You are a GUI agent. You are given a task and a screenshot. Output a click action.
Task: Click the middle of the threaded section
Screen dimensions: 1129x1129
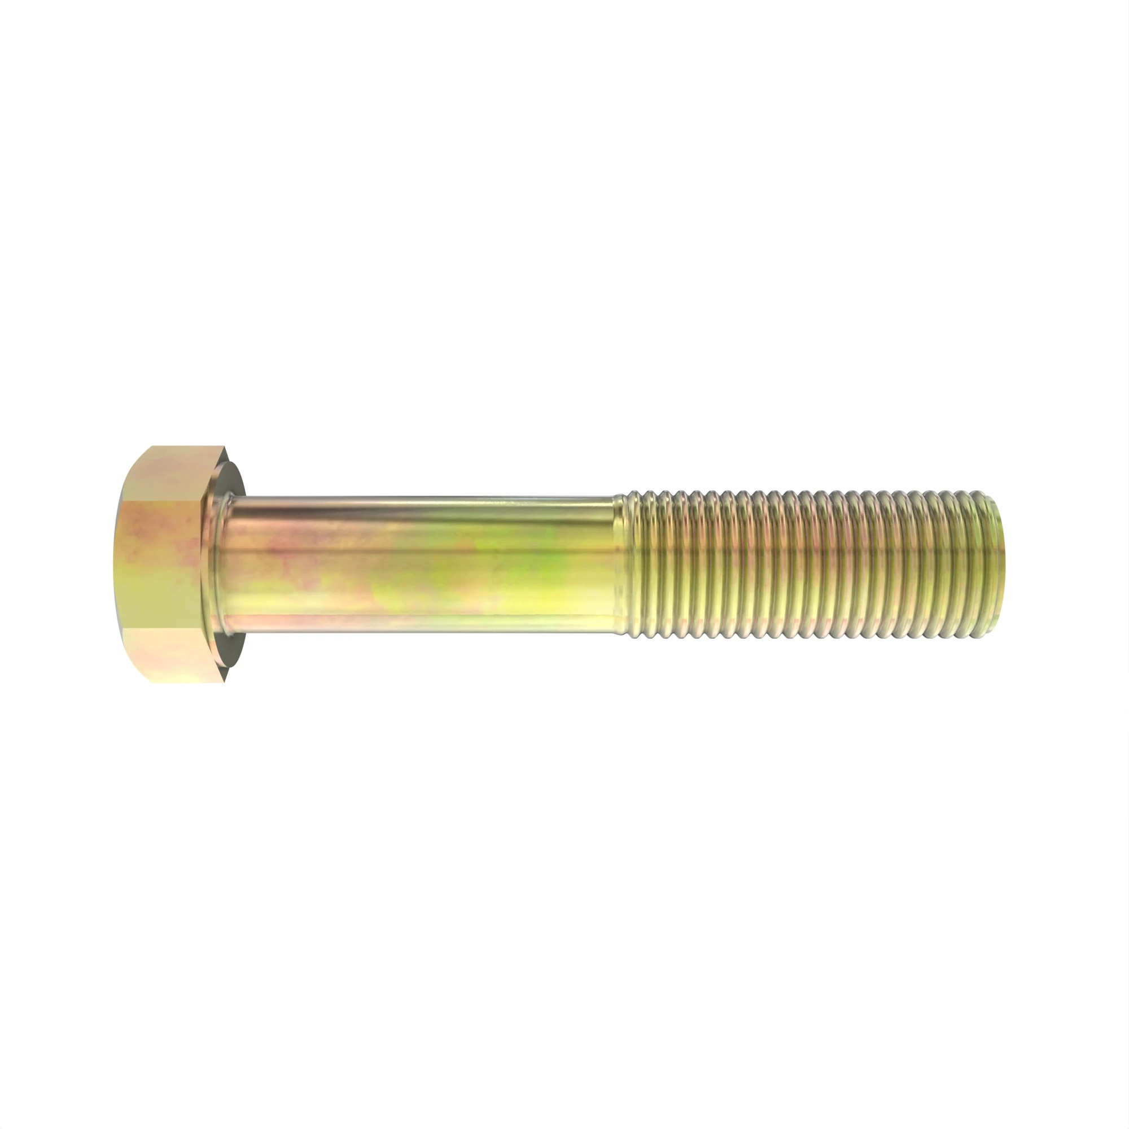click(x=812, y=564)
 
